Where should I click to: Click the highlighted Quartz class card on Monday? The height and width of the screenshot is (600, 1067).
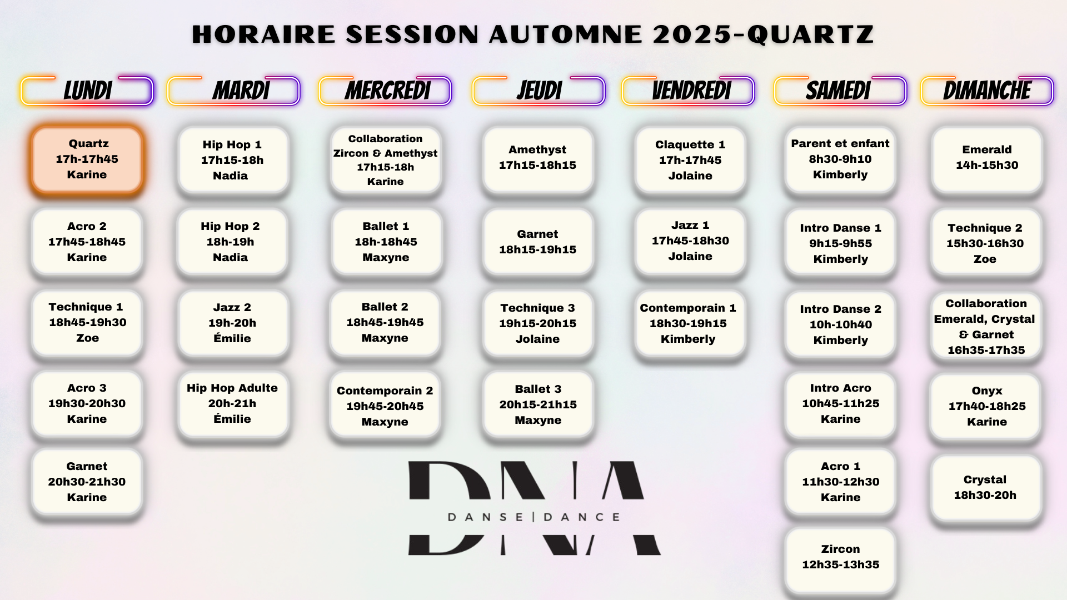click(87, 159)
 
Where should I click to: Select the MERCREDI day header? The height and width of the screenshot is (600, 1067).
click(385, 91)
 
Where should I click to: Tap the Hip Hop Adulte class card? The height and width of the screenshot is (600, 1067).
click(233, 404)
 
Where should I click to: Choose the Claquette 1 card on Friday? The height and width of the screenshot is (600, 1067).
click(690, 160)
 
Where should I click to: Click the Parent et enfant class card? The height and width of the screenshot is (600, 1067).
click(840, 160)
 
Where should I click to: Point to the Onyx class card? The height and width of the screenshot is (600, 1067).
click(986, 407)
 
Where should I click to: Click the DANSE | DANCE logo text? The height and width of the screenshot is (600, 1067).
click(534, 517)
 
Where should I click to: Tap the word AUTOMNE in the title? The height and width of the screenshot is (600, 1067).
click(566, 34)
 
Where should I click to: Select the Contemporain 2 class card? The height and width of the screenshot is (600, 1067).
click(385, 406)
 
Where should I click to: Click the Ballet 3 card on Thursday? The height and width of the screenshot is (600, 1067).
click(538, 404)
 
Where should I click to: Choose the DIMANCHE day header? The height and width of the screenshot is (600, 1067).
click(987, 91)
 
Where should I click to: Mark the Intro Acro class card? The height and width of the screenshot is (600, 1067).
click(840, 404)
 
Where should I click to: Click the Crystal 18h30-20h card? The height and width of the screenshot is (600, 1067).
click(985, 488)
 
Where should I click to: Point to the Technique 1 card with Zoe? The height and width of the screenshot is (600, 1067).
click(87, 323)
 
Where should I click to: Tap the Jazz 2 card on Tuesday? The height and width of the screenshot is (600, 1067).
click(233, 323)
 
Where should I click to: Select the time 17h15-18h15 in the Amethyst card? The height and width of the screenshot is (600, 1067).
click(537, 166)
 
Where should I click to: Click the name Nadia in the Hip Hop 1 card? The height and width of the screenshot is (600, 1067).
click(230, 176)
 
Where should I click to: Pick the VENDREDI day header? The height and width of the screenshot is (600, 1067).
click(689, 91)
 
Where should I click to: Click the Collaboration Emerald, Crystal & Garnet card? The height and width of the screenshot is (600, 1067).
click(986, 327)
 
